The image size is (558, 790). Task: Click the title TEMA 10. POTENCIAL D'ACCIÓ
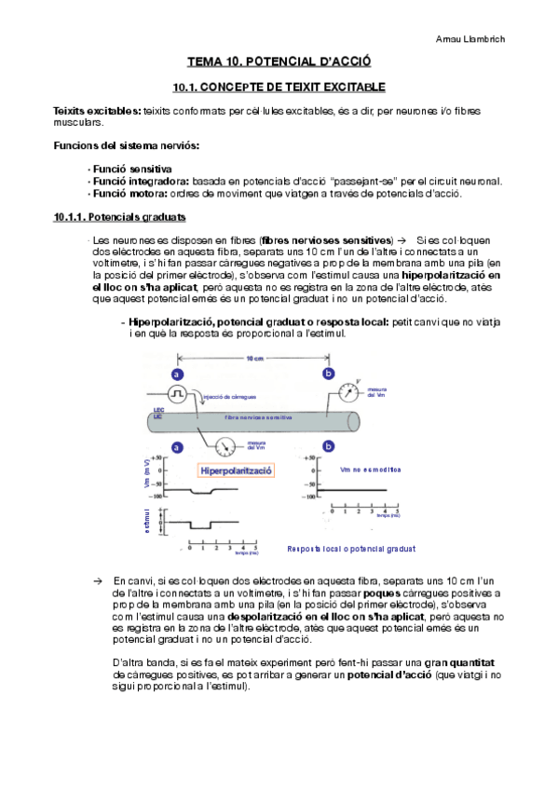point(279,62)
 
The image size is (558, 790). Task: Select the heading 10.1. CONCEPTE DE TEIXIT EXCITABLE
point(279,87)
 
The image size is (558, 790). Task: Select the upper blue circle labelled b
point(327,374)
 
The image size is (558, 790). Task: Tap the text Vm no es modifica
point(370,470)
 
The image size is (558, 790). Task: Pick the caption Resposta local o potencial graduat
point(351,549)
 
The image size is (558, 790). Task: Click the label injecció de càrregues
point(228,394)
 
